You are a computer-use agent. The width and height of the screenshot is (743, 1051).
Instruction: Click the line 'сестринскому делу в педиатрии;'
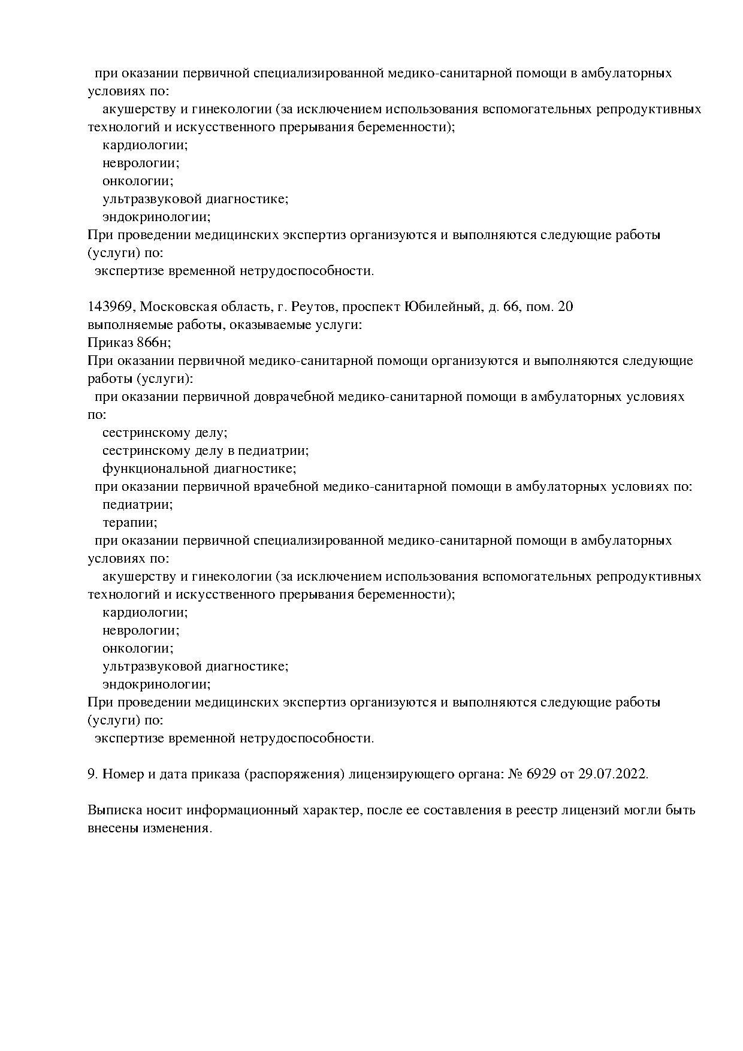[x=206, y=451]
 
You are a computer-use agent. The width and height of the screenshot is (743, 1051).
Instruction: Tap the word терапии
[x=129, y=523]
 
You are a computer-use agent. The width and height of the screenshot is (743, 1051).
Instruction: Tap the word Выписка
[x=113, y=810]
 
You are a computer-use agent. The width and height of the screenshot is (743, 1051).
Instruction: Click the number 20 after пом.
[x=566, y=307]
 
